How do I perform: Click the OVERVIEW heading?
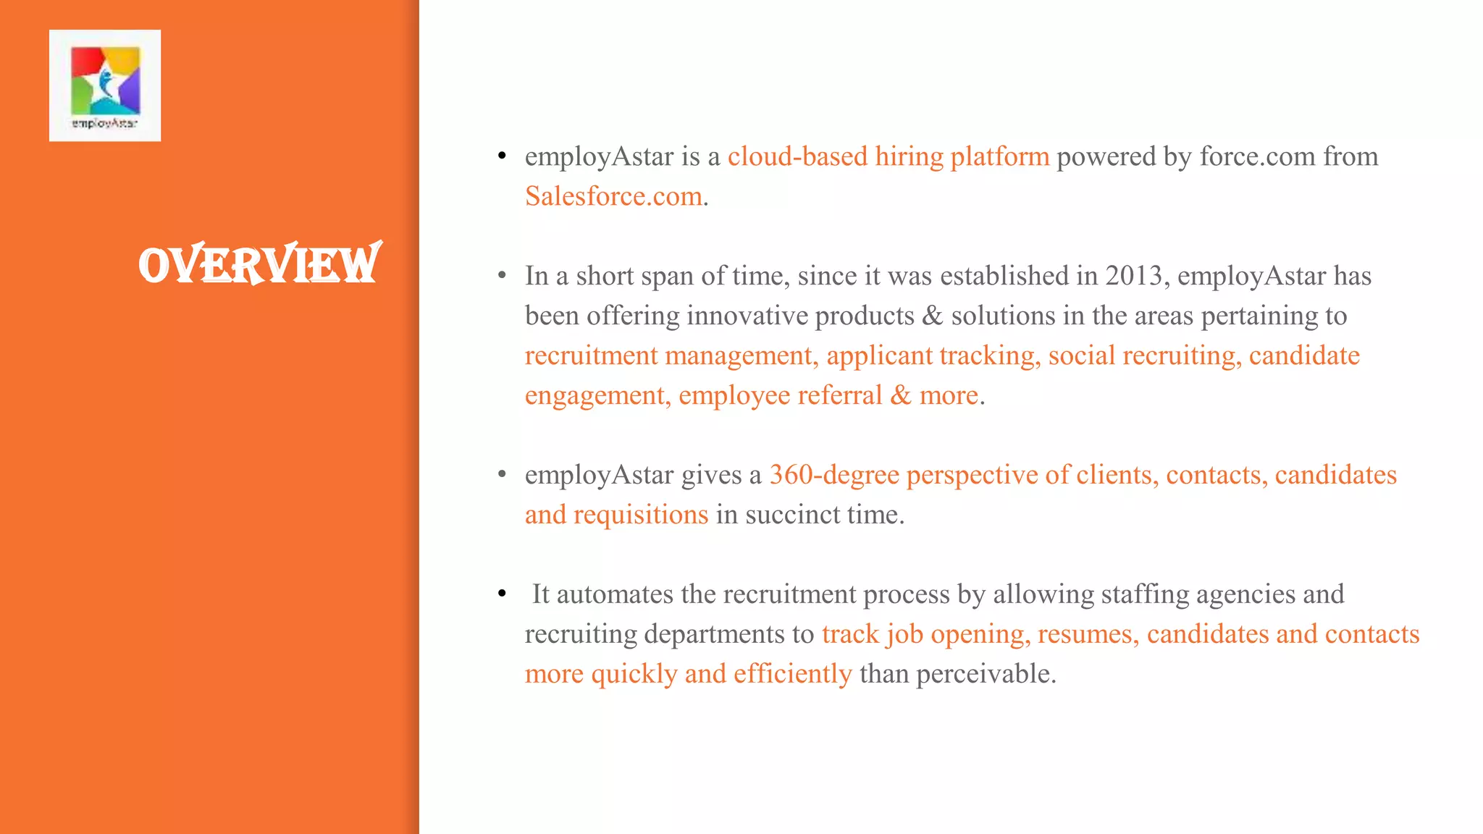[259, 264]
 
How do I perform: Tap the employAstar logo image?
[105, 85]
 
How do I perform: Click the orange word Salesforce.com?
[613, 196]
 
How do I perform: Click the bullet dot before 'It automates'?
[502, 594]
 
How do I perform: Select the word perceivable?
[986, 674]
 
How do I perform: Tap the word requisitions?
[641, 515]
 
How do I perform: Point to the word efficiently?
[792, 674]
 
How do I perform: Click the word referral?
[839, 395]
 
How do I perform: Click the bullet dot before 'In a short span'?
[502, 276]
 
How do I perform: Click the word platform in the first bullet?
[999, 156]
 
